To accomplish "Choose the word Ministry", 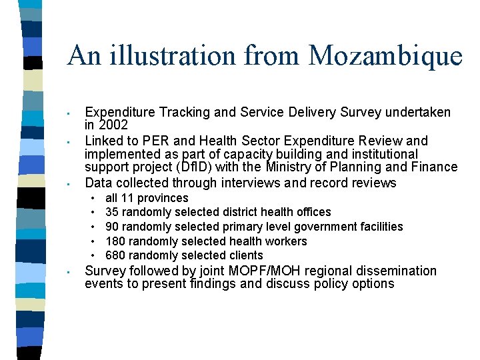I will click(294, 167).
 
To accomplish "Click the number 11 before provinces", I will click(127, 198).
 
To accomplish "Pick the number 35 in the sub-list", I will click(112, 212).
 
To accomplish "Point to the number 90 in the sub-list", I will click(112, 227).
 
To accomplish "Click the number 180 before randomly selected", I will click(115, 241).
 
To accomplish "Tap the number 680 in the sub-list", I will click(115, 255).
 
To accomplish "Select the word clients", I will click(245, 255).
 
